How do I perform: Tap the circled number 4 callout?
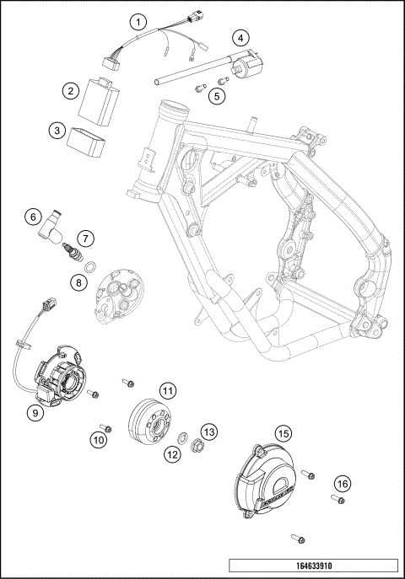(241, 37)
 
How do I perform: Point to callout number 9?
(35, 413)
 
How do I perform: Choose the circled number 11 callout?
(169, 390)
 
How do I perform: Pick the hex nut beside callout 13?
(193, 446)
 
